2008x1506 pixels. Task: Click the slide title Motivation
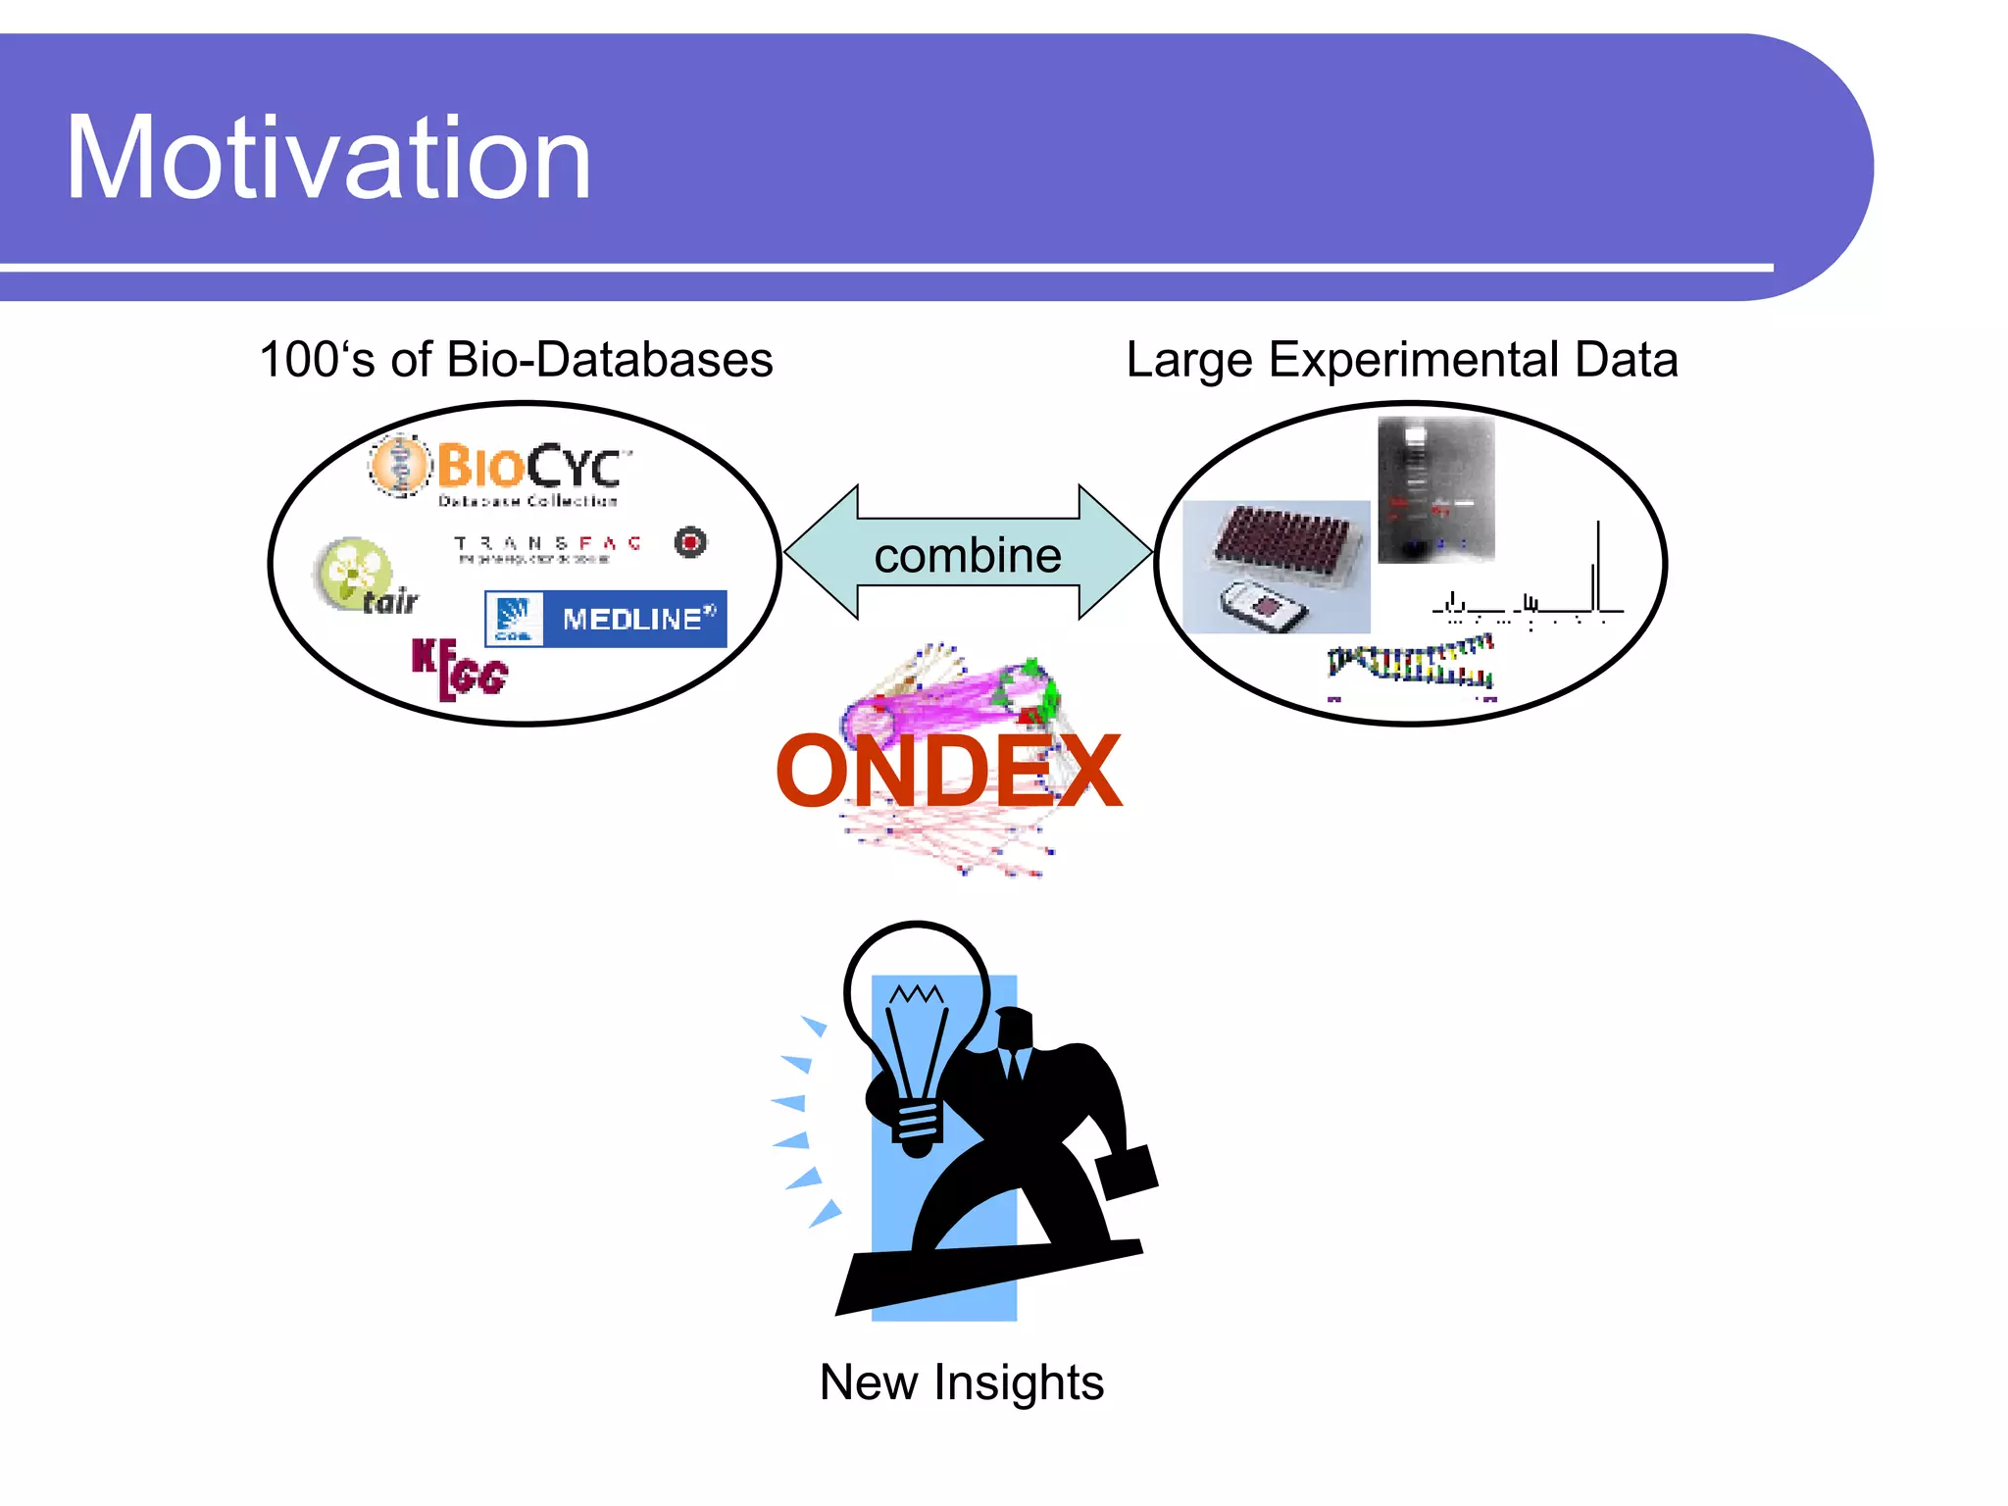328,159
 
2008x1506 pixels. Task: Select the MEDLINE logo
606,619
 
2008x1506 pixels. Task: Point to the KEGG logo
458,669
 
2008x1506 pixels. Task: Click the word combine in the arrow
967,556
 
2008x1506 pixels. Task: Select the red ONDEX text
947,773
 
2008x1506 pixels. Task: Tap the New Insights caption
961,1382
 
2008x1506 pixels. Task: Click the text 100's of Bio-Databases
516,360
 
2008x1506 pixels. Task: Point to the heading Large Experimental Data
1401,360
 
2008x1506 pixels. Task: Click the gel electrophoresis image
1435,489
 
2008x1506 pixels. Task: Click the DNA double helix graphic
1410,663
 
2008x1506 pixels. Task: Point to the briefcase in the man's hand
1127,1172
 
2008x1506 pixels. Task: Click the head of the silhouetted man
1016,1029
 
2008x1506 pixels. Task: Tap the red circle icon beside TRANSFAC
690,541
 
